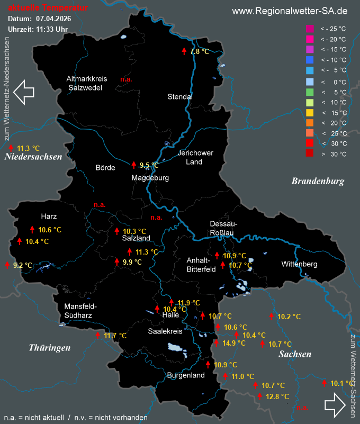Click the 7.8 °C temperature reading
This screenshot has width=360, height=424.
(199, 51)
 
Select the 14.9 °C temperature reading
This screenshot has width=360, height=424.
(235, 343)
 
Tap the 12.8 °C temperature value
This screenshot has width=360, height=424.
(277, 396)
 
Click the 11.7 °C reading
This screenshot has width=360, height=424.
(115, 336)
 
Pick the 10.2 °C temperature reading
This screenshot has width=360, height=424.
(289, 317)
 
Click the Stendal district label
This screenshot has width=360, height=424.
(180, 97)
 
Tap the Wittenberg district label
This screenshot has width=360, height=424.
(299, 264)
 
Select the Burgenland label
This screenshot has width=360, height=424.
(185, 375)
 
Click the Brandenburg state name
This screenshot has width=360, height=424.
(318, 181)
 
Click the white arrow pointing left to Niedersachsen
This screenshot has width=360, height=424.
(24, 91)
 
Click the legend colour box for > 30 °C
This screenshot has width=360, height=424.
(310, 154)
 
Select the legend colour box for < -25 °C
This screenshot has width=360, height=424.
(310, 29)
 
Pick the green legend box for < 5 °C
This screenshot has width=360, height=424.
(310, 92)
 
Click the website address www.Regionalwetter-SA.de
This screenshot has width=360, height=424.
(290, 11)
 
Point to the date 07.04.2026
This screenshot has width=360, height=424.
(53, 19)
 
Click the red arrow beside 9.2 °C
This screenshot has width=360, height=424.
(7, 265)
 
